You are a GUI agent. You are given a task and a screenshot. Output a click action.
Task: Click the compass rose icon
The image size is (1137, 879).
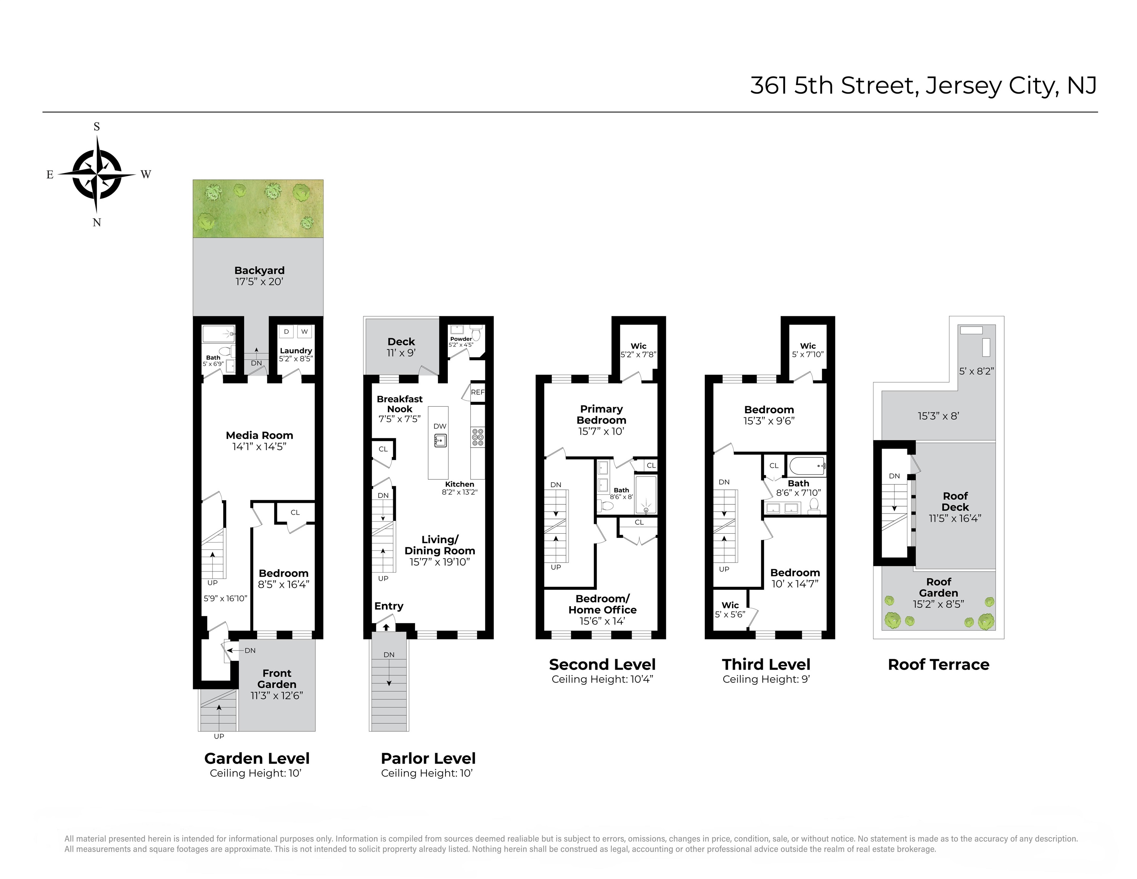pyautogui.click(x=97, y=174)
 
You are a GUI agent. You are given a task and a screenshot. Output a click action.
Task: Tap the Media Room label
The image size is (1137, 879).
pyautogui.click(x=259, y=435)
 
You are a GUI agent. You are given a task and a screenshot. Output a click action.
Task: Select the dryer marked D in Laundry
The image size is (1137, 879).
pyautogui.click(x=286, y=332)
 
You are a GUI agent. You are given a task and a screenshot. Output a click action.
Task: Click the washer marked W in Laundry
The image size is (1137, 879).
pyautogui.click(x=304, y=332)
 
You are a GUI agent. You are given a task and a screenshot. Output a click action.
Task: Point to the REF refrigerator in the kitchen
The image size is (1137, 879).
pyautogui.click(x=478, y=393)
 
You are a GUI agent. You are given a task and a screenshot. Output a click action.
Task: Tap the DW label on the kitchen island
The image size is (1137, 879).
pyautogui.click(x=440, y=426)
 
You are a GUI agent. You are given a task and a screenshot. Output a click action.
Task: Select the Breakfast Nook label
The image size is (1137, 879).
pyautogui.click(x=400, y=404)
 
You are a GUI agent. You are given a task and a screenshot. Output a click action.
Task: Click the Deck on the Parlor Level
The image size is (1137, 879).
pyautogui.click(x=401, y=346)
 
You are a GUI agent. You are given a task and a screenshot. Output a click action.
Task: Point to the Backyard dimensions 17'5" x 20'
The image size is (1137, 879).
pyautogui.click(x=259, y=282)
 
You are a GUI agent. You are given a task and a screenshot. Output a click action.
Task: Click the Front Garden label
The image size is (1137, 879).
pyautogui.click(x=277, y=679)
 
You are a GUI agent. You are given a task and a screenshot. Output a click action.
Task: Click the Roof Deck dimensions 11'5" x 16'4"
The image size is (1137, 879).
pyautogui.click(x=955, y=518)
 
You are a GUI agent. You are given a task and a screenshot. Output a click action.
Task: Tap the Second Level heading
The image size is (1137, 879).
pyautogui.click(x=602, y=665)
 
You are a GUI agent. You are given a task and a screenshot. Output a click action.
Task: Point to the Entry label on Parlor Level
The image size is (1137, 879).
pyautogui.click(x=389, y=606)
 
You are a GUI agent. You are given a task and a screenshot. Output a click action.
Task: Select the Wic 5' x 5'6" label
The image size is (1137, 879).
pyautogui.click(x=730, y=610)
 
